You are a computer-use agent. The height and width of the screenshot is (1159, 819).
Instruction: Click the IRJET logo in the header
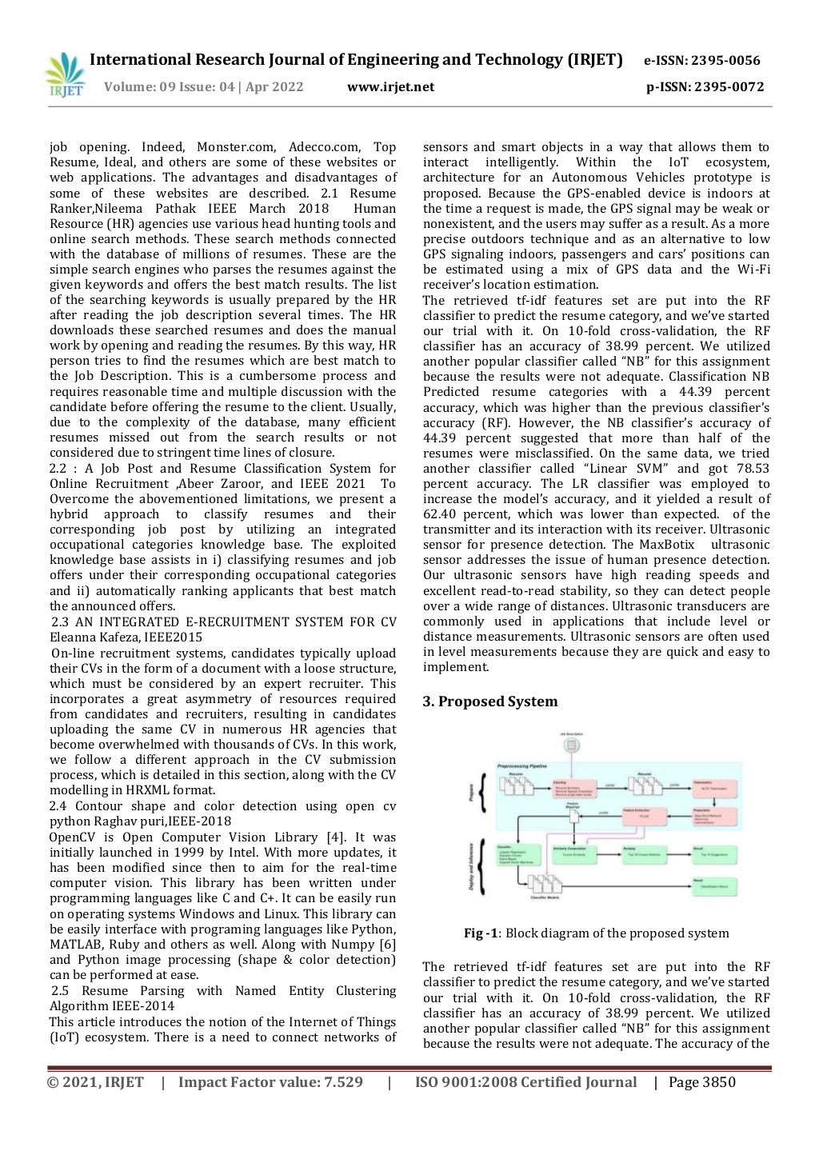coord(64,75)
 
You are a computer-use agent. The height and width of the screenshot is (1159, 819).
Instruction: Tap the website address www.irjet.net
coord(390,87)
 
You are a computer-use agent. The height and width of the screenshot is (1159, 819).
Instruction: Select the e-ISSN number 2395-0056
coord(725,61)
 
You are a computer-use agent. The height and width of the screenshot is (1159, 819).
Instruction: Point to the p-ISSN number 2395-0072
coord(729,87)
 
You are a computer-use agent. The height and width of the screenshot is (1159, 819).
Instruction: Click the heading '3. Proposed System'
coord(489,701)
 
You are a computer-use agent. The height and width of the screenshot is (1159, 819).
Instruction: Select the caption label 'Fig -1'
coord(481,933)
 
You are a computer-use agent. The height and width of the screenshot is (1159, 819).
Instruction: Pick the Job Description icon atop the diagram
coord(571,745)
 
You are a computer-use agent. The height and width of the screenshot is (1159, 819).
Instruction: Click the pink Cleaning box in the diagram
coord(574,789)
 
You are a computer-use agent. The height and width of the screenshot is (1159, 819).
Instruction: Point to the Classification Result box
coord(713,885)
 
